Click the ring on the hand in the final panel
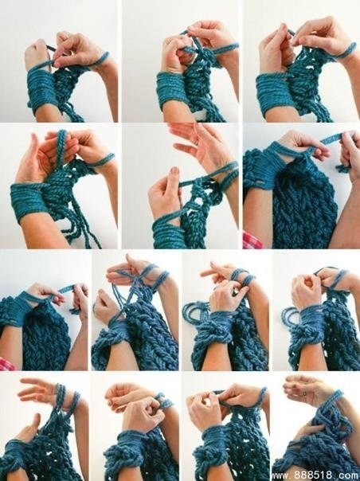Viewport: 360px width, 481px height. pyautogui.click(x=305, y=393)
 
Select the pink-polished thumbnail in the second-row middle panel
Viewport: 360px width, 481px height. pyautogui.click(x=175, y=170)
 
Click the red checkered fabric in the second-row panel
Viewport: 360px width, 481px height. pyautogui.click(x=252, y=240)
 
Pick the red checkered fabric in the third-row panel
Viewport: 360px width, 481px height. pyautogui.click(x=6, y=364)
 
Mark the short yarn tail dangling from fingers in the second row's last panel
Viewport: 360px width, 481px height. pyautogui.click(x=342, y=168)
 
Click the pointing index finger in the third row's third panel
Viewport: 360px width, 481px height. pyautogui.click(x=212, y=272)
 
